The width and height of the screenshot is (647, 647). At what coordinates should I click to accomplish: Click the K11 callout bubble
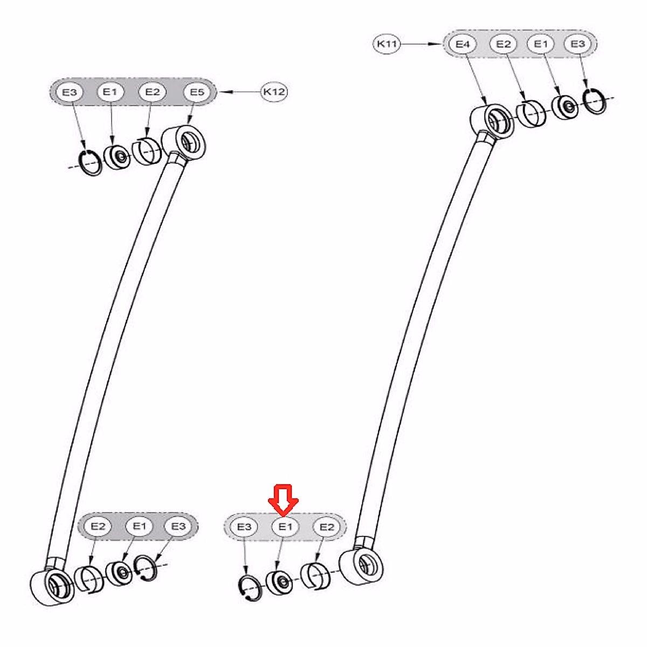pos(387,44)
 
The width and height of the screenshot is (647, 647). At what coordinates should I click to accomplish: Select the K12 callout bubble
pos(274,92)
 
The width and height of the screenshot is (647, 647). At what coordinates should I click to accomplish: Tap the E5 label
pos(197,92)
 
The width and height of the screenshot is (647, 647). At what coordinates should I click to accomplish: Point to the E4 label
pos(463,44)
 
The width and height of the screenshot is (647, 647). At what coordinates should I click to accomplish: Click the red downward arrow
pos(284,499)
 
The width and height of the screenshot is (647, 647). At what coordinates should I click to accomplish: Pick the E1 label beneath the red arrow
pos(285,526)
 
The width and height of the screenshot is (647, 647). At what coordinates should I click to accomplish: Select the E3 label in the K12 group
pos(70,92)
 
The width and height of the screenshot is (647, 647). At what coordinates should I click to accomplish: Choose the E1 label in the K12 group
pos(110,92)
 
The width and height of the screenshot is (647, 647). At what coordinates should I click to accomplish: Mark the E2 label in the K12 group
pos(153,92)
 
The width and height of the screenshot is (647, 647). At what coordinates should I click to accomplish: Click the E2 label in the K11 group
pos(503,44)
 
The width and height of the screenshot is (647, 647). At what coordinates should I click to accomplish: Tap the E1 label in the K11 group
pos(540,44)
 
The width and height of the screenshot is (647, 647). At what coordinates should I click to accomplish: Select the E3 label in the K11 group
pos(577,44)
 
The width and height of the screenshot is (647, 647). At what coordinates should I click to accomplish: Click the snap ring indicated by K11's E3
pos(595,101)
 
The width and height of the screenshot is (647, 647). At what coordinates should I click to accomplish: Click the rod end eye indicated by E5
pos(185,142)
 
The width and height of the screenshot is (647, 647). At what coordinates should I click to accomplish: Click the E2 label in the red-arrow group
pos(327,526)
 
